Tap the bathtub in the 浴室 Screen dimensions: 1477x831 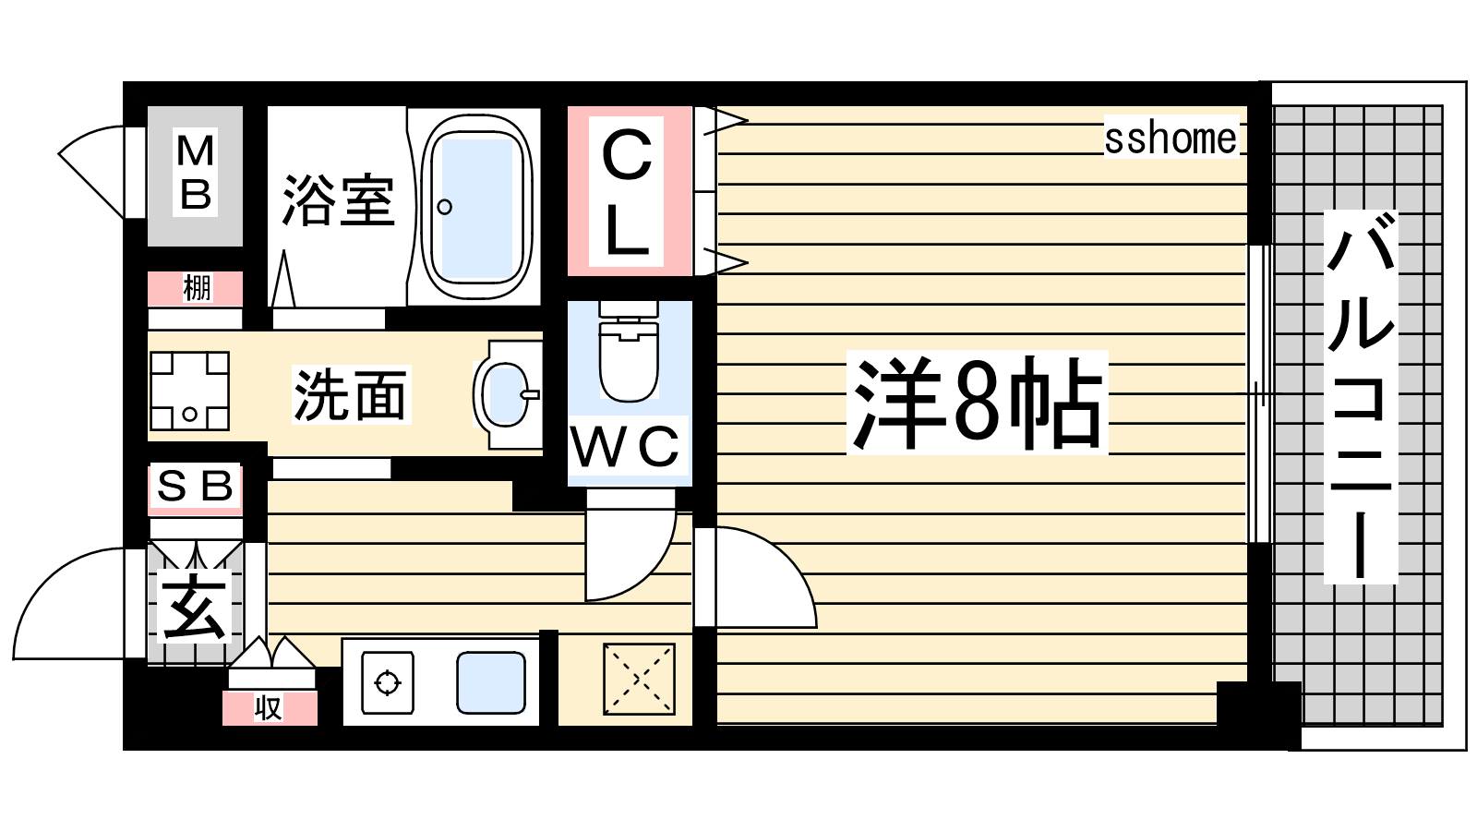476,207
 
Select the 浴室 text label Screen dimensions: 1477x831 339,200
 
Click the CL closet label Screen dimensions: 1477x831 627,192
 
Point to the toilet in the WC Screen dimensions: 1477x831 629,352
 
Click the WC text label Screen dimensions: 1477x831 625,446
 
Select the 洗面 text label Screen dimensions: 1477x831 350,395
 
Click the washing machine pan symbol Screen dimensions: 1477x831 190,391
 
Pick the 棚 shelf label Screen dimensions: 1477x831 197,288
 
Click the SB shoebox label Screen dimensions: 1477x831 196,487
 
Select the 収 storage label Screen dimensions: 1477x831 269,708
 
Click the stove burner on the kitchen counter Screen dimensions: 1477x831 388,682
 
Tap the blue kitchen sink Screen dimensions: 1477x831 491,682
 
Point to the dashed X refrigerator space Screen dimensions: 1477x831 639,679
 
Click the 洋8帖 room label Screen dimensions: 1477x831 978,403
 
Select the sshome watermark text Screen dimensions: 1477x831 1171,138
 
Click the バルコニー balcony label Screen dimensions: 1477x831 1361,396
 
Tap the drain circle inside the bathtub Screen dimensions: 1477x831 444,207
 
